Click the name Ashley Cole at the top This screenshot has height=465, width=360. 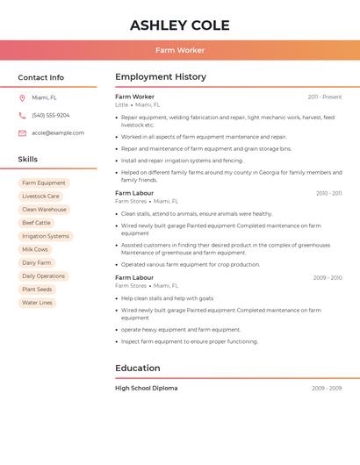click(x=180, y=25)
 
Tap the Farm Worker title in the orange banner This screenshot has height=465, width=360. click(x=180, y=50)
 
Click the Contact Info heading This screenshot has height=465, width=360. click(x=41, y=77)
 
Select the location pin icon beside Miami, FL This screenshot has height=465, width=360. click(x=22, y=98)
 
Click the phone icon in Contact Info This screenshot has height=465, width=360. click(x=22, y=116)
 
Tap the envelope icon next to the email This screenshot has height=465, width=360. click(x=22, y=133)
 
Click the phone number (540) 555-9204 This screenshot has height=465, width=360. click(x=51, y=116)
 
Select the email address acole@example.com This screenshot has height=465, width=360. click(x=58, y=133)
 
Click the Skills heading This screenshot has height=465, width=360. click(x=28, y=160)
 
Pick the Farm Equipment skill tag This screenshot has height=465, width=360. click(x=44, y=183)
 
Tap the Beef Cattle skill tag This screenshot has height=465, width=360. click(x=36, y=223)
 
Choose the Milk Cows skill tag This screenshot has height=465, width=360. click(x=35, y=249)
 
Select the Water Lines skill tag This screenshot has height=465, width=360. click(x=37, y=303)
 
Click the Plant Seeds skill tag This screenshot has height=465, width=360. click(x=37, y=290)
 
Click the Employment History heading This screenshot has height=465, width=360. click(x=161, y=77)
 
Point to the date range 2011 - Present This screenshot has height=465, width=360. click(x=325, y=97)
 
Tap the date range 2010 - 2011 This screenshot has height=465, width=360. click(x=328, y=193)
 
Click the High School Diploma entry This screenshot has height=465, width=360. click(x=146, y=388)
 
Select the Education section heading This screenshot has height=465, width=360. click(x=138, y=368)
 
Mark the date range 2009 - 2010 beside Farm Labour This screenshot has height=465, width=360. click(x=328, y=278)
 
